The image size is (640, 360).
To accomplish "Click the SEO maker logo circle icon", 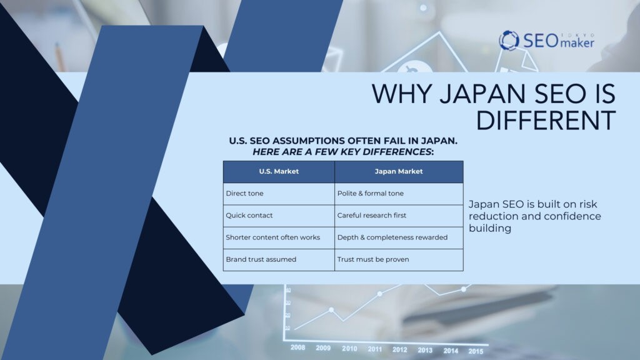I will [509, 40].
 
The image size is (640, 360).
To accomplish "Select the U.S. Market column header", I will [279, 171].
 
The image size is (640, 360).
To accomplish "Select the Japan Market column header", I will [399, 171].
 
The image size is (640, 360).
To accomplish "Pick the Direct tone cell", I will [279, 194].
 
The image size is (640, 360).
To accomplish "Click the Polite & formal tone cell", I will [399, 194].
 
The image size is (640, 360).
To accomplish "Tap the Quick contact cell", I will [279, 216].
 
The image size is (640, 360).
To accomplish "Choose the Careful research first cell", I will [399, 216].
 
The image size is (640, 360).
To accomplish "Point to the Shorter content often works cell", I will [279, 237].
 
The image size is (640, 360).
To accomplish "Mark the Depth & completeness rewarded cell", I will [399, 237].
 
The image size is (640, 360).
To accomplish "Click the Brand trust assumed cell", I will [279, 259].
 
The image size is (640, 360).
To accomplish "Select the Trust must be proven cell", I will [399, 259].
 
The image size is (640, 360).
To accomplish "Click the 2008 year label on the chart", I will [297, 347].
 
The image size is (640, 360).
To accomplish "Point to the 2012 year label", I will [399, 349].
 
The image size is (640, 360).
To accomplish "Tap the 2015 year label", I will [476, 351].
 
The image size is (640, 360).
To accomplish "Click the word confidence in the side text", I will [572, 216].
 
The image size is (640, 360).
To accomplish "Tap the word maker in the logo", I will [577, 42].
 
